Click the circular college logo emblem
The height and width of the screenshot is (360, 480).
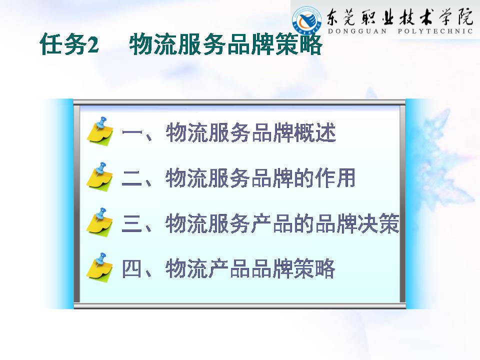(306, 20)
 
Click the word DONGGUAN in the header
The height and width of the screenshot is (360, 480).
(357, 31)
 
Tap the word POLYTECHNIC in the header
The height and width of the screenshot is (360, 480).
(435, 31)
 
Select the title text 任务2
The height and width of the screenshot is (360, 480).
(69, 44)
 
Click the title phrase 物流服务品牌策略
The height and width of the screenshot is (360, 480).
(225, 44)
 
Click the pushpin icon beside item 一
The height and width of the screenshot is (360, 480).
(100, 131)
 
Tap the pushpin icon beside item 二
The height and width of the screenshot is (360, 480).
(100, 176)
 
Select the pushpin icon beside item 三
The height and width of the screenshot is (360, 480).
(100, 222)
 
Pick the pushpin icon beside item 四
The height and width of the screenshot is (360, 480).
(100, 267)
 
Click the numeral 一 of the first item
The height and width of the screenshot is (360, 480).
(132, 133)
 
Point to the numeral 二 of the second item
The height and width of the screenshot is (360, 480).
(132, 178)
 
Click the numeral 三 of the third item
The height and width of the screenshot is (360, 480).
(132, 224)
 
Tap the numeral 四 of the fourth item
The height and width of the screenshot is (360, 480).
(132, 269)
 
